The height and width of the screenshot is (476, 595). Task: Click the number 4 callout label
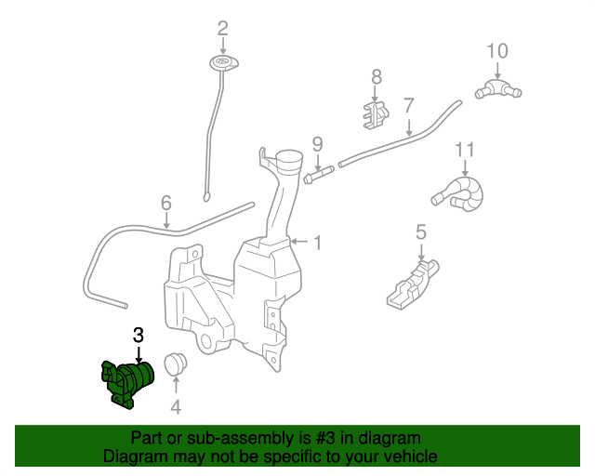(176, 406)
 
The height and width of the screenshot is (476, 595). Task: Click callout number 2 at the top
(222, 28)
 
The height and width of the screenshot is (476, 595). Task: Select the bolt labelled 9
(317, 174)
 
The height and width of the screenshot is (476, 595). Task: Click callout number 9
(317, 144)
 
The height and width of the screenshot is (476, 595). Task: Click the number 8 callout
(376, 76)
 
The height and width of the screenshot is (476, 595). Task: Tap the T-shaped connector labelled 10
(498, 89)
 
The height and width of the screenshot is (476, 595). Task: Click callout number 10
(497, 49)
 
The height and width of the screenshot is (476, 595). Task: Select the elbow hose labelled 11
(461, 192)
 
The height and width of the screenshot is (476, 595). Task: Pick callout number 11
(465, 149)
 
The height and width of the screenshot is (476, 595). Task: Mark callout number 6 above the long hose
(166, 203)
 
